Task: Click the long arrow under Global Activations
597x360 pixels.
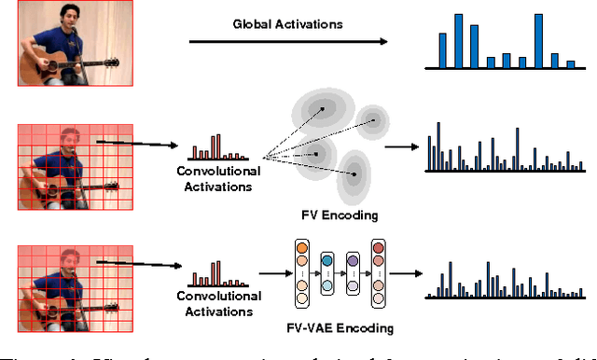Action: [x=287, y=42]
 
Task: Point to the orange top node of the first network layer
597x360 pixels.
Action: [x=300, y=249]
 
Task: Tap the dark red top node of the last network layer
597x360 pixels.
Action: [x=378, y=249]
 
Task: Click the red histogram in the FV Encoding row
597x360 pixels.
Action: [x=207, y=149]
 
